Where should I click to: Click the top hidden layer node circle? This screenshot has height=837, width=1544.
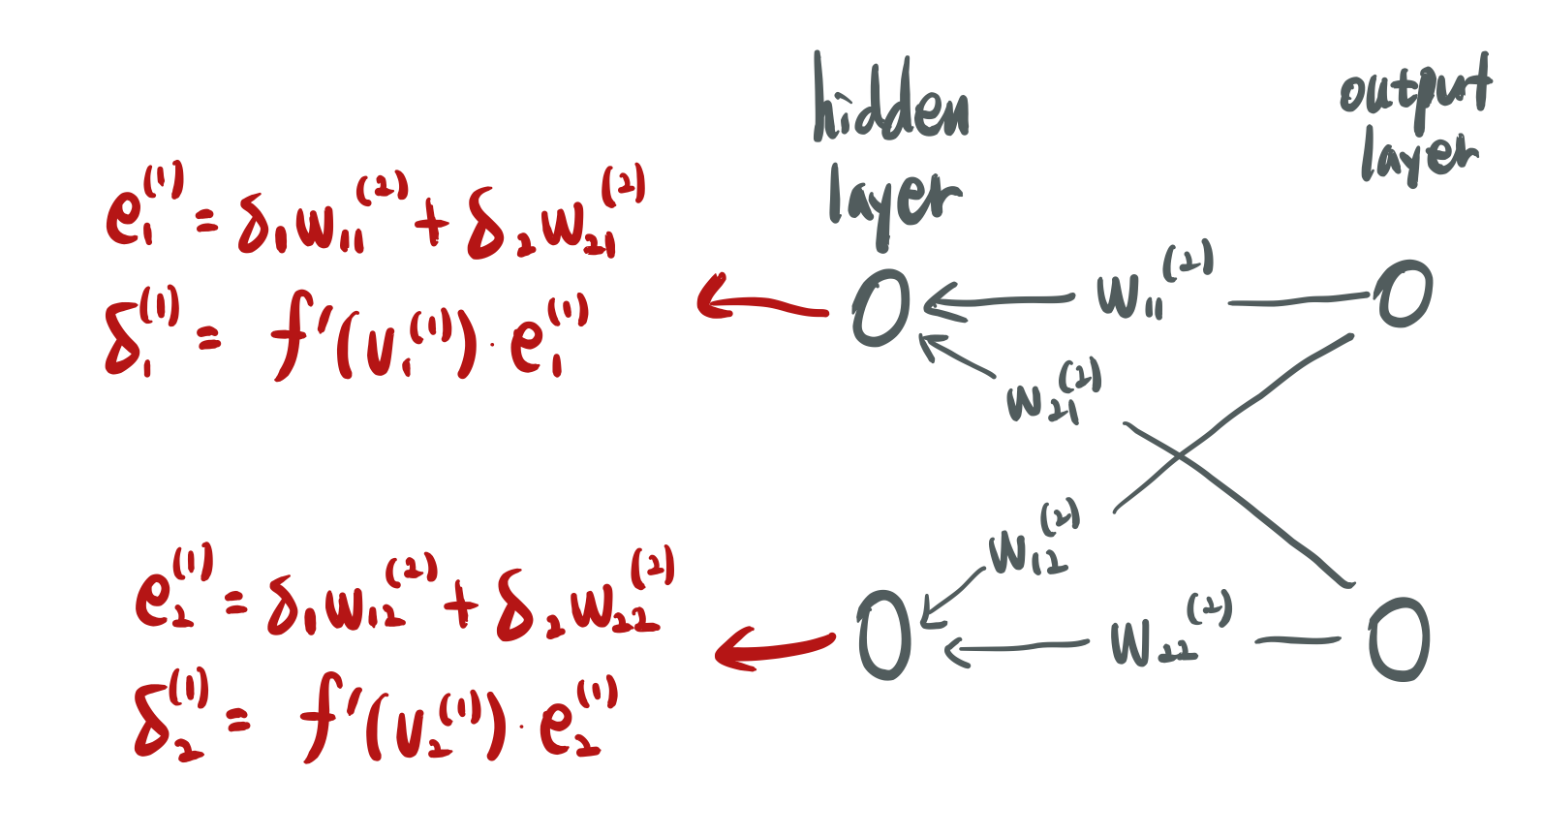coord(881,308)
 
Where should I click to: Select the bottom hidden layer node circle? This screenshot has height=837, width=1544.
coord(884,635)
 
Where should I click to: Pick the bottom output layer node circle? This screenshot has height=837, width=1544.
coord(1399,639)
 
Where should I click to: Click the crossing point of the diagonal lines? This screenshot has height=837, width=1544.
coord(1181,455)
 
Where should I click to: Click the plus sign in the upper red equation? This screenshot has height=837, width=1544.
coord(432,226)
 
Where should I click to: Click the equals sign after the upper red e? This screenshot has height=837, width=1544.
coord(207,225)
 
